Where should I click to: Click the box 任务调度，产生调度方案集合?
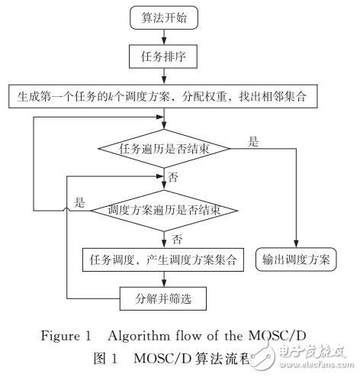pos(163,259)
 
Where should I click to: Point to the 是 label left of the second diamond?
pos(79,203)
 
